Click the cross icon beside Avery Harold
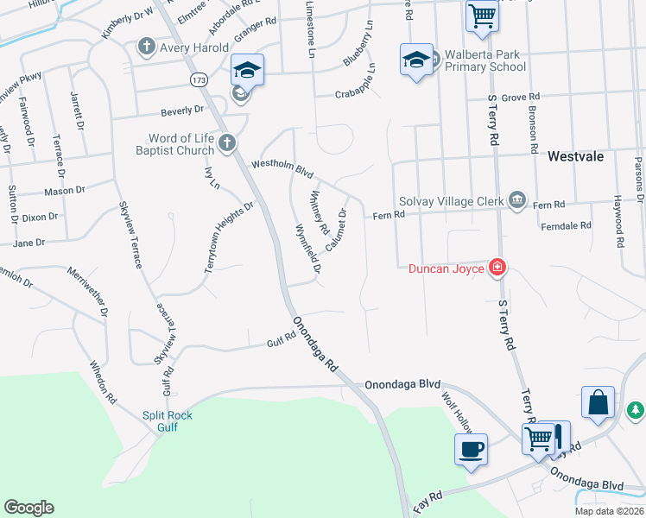click(147, 47)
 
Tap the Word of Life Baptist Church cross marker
click(227, 143)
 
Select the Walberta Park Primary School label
click(483, 60)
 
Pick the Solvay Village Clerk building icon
click(517, 201)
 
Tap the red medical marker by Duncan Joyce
click(497, 268)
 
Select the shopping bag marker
click(598, 402)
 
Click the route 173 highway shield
click(199, 79)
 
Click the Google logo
click(28, 508)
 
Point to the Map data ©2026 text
click(610, 511)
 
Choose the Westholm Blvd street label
click(282, 167)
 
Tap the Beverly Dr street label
click(181, 110)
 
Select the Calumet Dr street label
click(337, 230)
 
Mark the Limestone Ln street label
click(310, 29)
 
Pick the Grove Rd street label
click(521, 98)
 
